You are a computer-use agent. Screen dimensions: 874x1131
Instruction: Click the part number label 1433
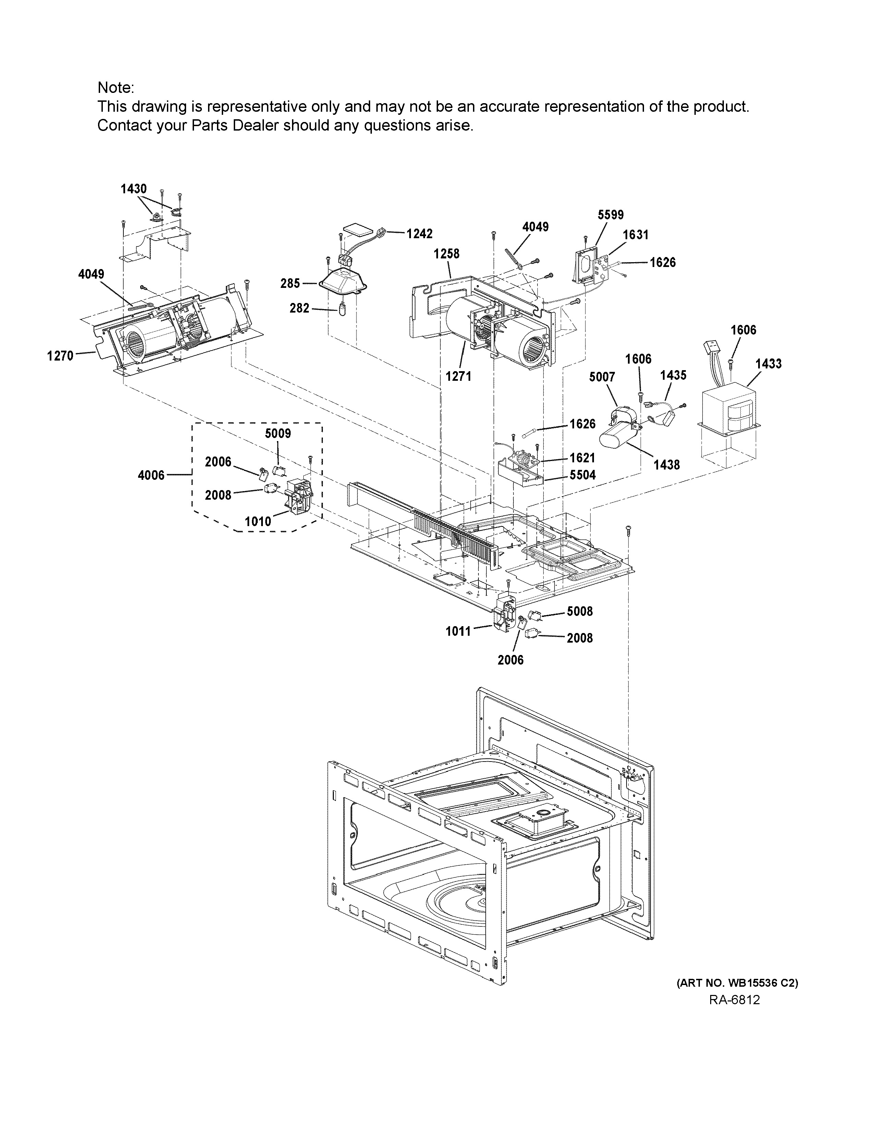pyautogui.click(x=768, y=364)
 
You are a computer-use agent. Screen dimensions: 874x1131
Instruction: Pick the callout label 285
pyautogui.click(x=290, y=283)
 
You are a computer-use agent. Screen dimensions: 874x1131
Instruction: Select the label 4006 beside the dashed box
pyautogui.click(x=151, y=475)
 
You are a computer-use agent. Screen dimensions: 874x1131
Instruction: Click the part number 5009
pyautogui.click(x=278, y=434)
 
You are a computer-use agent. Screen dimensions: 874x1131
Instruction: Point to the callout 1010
pyautogui.click(x=258, y=522)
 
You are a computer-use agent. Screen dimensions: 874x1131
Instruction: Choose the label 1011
pyautogui.click(x=458, y=631)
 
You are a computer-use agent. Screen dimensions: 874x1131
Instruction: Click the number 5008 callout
pyautogui.click(x=579, y=611)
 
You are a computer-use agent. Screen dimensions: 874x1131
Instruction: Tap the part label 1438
pyautogui.click(x=666, y=465)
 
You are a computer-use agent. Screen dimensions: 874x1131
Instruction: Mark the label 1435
pyautogui.click(x=673, y=375)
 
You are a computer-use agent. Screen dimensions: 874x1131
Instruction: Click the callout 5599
pyautogui.click(x=610, y=215)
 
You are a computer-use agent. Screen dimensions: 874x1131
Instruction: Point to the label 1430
pyautogui.click(x=134, y=189)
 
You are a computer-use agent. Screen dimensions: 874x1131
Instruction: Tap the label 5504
pyautogui.click(x=582, y=475)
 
